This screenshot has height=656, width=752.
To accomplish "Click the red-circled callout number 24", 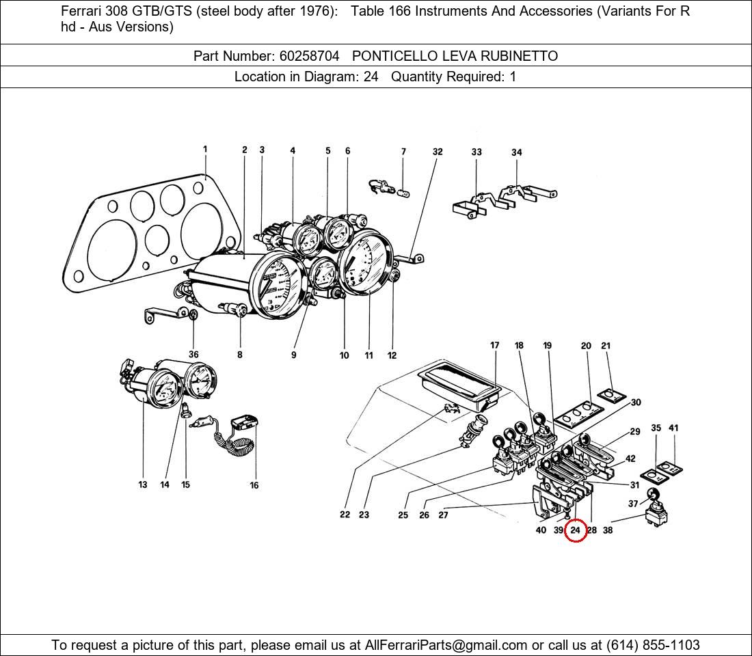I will tap(575, 530).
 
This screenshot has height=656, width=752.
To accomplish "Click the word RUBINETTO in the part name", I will tap(521, 56).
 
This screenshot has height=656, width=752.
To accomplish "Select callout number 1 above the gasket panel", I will tap(205, 149).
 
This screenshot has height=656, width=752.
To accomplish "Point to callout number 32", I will tap(438, 152).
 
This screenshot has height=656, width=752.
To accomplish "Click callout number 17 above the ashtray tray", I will tap(495, 346).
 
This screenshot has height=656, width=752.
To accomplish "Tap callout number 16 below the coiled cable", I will tap(254, 485).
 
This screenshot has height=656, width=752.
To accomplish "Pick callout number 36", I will tap(193, 355).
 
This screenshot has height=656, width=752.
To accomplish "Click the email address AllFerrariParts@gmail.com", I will tap(446, 645).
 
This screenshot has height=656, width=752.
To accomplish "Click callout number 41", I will tap(673, 428).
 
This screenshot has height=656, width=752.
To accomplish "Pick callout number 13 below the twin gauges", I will tap(142, 484).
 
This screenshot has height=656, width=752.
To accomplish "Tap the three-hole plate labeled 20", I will tap(578, 413).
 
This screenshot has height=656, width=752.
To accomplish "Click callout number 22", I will tap(345, 515).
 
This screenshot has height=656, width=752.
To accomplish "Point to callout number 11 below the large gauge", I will tap(368, 355).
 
